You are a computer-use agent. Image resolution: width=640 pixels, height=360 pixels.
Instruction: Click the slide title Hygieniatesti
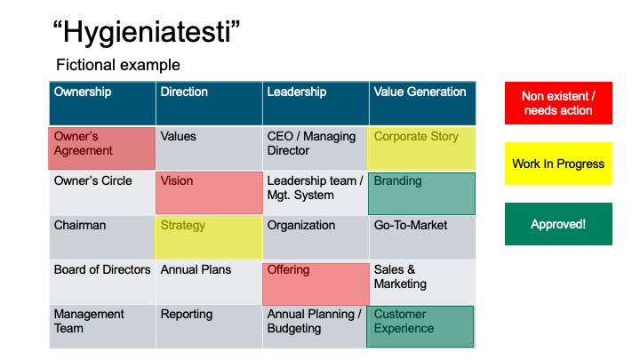coord(147,32)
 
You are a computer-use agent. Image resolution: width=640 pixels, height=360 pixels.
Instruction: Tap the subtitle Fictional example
coord(118,65)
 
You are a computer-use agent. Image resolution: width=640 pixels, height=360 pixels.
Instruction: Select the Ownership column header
coord(102,103)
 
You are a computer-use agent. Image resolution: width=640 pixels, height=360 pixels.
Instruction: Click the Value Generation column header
coord(422,103)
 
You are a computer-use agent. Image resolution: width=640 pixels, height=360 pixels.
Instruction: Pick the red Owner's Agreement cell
coord(101,148)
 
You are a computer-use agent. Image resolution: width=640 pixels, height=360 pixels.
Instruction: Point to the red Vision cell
coord(209,193)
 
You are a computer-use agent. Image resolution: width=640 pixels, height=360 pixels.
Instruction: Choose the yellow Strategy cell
coord(209,237)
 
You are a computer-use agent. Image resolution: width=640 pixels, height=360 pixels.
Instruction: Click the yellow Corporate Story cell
coord(420,148)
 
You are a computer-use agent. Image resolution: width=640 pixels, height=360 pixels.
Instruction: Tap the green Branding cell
coord(421,194)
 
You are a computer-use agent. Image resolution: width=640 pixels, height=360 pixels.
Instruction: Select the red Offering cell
coord(316,284)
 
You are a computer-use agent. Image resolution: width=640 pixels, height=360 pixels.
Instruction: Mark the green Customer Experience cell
coord(420,326)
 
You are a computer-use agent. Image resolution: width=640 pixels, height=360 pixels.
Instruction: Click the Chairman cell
coord(102,237)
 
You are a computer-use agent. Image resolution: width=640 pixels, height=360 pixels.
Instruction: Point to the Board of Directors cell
coord(102,282)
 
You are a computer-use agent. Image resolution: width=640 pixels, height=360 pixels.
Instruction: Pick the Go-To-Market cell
coord(422,237)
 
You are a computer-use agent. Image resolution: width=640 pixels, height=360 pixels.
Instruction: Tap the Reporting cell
coord(209,326)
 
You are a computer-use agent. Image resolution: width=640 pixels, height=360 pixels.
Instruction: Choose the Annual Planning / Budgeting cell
coord(315,326)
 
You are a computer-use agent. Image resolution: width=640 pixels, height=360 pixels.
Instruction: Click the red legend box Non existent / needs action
coord(558,103)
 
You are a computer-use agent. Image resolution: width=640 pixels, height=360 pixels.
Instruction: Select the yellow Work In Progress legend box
coord(558,164)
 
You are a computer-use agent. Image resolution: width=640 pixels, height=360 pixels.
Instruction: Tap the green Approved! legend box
coord(558,224)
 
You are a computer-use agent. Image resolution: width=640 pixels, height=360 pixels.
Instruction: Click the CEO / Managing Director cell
coord(315,148)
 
